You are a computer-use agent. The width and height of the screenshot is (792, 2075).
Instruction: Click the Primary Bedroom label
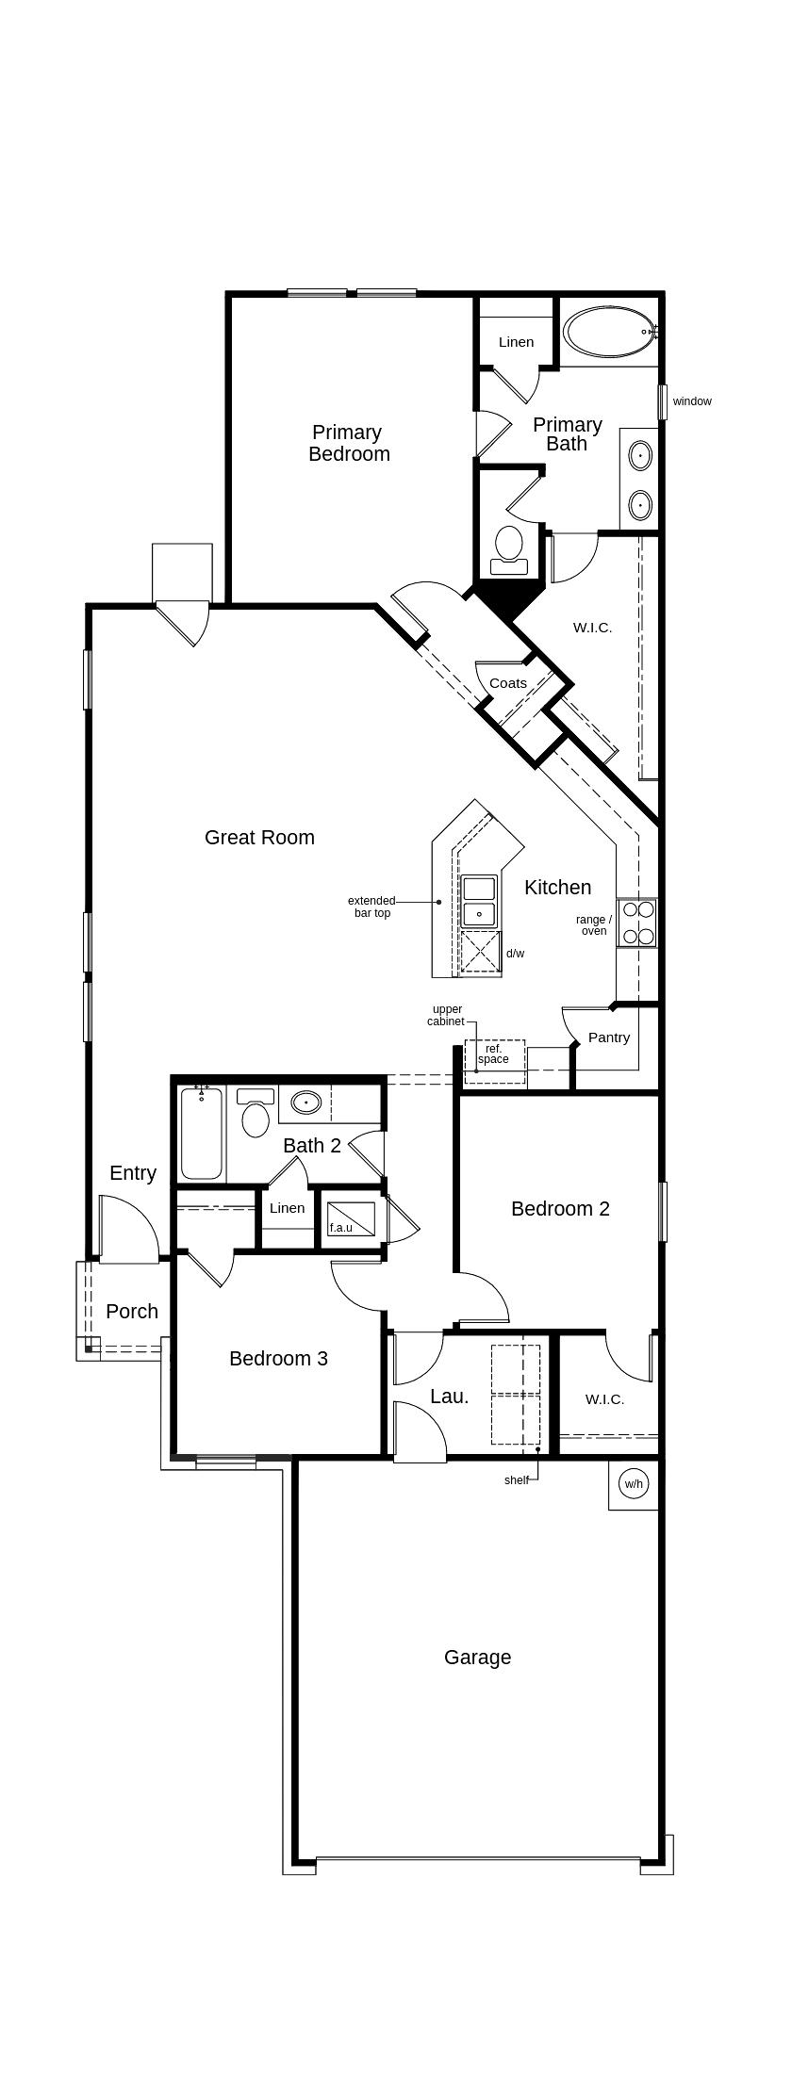pyautogui.click(x=349, y=443)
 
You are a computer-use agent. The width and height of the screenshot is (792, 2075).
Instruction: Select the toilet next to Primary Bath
pyautogui.click(x=509, y=550)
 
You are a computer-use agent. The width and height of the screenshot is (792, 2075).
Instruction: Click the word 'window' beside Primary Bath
pyautogui.click(x=692, y=401)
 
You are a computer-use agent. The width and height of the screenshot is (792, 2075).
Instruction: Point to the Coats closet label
pyautogui.click(x=508, y=683)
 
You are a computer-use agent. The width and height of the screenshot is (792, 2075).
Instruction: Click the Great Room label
pyautogui.click(x=259, y=837)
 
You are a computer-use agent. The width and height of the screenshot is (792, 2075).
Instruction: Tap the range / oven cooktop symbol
pyautogui.click(x=636, y=923)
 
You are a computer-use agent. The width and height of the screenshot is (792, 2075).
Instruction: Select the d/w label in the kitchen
pyautogui.click(x=515, y=954)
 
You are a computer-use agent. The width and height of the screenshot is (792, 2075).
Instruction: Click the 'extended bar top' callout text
pyautogui.click(x=371, y=907)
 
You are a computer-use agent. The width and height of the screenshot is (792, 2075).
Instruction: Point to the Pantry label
pyautogui.click(x=609, y=1037)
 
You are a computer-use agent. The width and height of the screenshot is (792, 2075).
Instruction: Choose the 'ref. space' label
pyautogui.click(x=493, y=1054)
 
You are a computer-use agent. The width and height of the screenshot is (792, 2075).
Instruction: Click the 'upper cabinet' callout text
pyautogui.click(x=446, y=1015)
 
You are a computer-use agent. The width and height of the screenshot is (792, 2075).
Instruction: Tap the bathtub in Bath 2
pyautogui.click(x=202, y=1134)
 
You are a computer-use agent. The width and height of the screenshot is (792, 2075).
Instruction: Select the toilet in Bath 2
pyautogui.click(x=256, y=1113)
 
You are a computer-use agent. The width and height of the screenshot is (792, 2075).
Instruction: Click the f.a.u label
pyautogui.click(x=340, y=1228)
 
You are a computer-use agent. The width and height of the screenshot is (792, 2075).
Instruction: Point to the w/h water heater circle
pyautogui.click(x=633, y=1484)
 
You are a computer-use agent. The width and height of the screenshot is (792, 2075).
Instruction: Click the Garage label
pyautogui.click(x=478, y=1657)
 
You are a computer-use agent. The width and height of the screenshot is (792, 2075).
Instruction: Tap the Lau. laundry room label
pyautogui.click(x=449, y=1397)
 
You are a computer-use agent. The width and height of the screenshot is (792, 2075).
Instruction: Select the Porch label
pyautogui.click(x=132, y=1311)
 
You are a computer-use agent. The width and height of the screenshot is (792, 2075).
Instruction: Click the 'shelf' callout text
pyautogui.click(x=517, y=1480)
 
